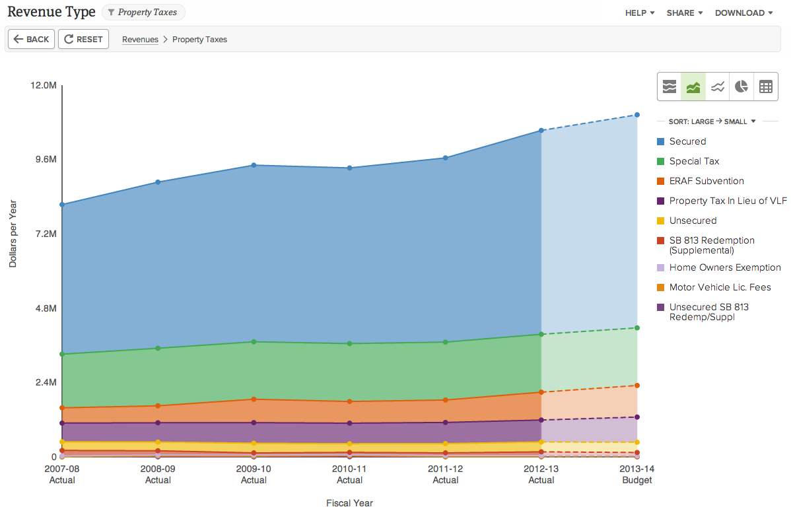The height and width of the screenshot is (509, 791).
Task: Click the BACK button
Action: tap(31, 39)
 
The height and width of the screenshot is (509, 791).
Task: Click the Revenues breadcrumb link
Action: tap(140, 40)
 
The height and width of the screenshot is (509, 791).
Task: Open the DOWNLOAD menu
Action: tap(743, 13)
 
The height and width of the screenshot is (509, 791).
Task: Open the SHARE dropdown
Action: tap(684, 13)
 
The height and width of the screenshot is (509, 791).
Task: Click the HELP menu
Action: tap(639, 13)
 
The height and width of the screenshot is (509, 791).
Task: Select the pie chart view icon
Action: tap(741, 86)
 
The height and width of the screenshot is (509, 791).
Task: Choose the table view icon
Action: tap(765, 86)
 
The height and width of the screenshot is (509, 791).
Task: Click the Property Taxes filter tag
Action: tap(143, 13)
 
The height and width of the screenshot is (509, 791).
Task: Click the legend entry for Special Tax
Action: tap(693, 161)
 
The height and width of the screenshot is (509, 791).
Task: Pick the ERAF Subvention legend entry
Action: tap(706, 181)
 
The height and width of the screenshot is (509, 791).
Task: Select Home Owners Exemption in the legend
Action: tap(724, 267)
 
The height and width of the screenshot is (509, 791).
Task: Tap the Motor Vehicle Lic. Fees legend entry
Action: tap(720, 287)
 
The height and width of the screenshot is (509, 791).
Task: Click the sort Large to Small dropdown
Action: tap(712, 121)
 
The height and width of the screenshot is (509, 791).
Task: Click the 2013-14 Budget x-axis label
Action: tap(637, 475)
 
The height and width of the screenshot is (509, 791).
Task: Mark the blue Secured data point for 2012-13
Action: tap(541, 131)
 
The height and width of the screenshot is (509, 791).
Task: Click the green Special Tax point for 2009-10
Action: tap(254, 342)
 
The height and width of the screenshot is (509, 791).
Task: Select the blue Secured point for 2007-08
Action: tap(62, 205)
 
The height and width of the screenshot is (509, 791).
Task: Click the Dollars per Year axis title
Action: tap(13, 234)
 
